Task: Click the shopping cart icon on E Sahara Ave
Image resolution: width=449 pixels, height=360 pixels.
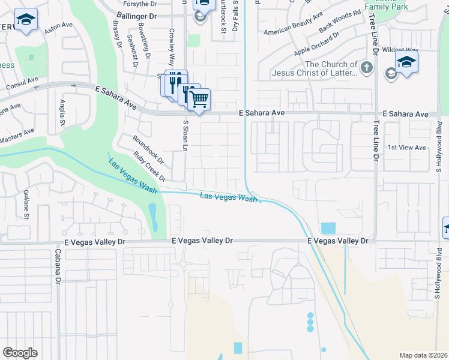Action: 199,99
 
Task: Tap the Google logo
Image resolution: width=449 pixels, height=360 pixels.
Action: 20,353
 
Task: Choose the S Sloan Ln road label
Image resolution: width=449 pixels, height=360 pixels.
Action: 185,135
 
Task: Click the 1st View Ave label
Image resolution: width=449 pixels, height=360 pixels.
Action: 406,148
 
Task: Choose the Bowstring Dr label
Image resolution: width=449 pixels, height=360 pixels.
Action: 142,38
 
